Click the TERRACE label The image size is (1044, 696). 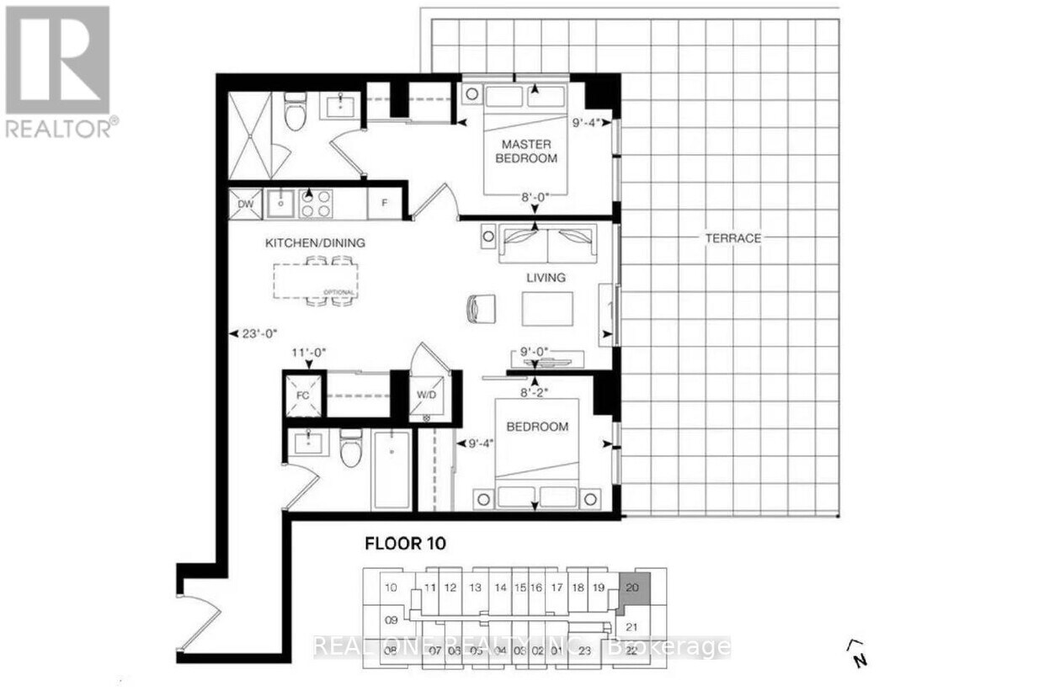point(732,238)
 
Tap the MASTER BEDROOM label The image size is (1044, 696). point(528,151)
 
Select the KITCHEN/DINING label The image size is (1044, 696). point(315,242)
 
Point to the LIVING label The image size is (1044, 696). point(546,278)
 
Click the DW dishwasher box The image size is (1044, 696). point(246,204)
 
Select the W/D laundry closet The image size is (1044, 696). point(427,394)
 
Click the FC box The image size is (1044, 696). point(304,394)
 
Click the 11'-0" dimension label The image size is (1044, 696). point(308,353)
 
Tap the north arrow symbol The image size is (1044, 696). point(857,651)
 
